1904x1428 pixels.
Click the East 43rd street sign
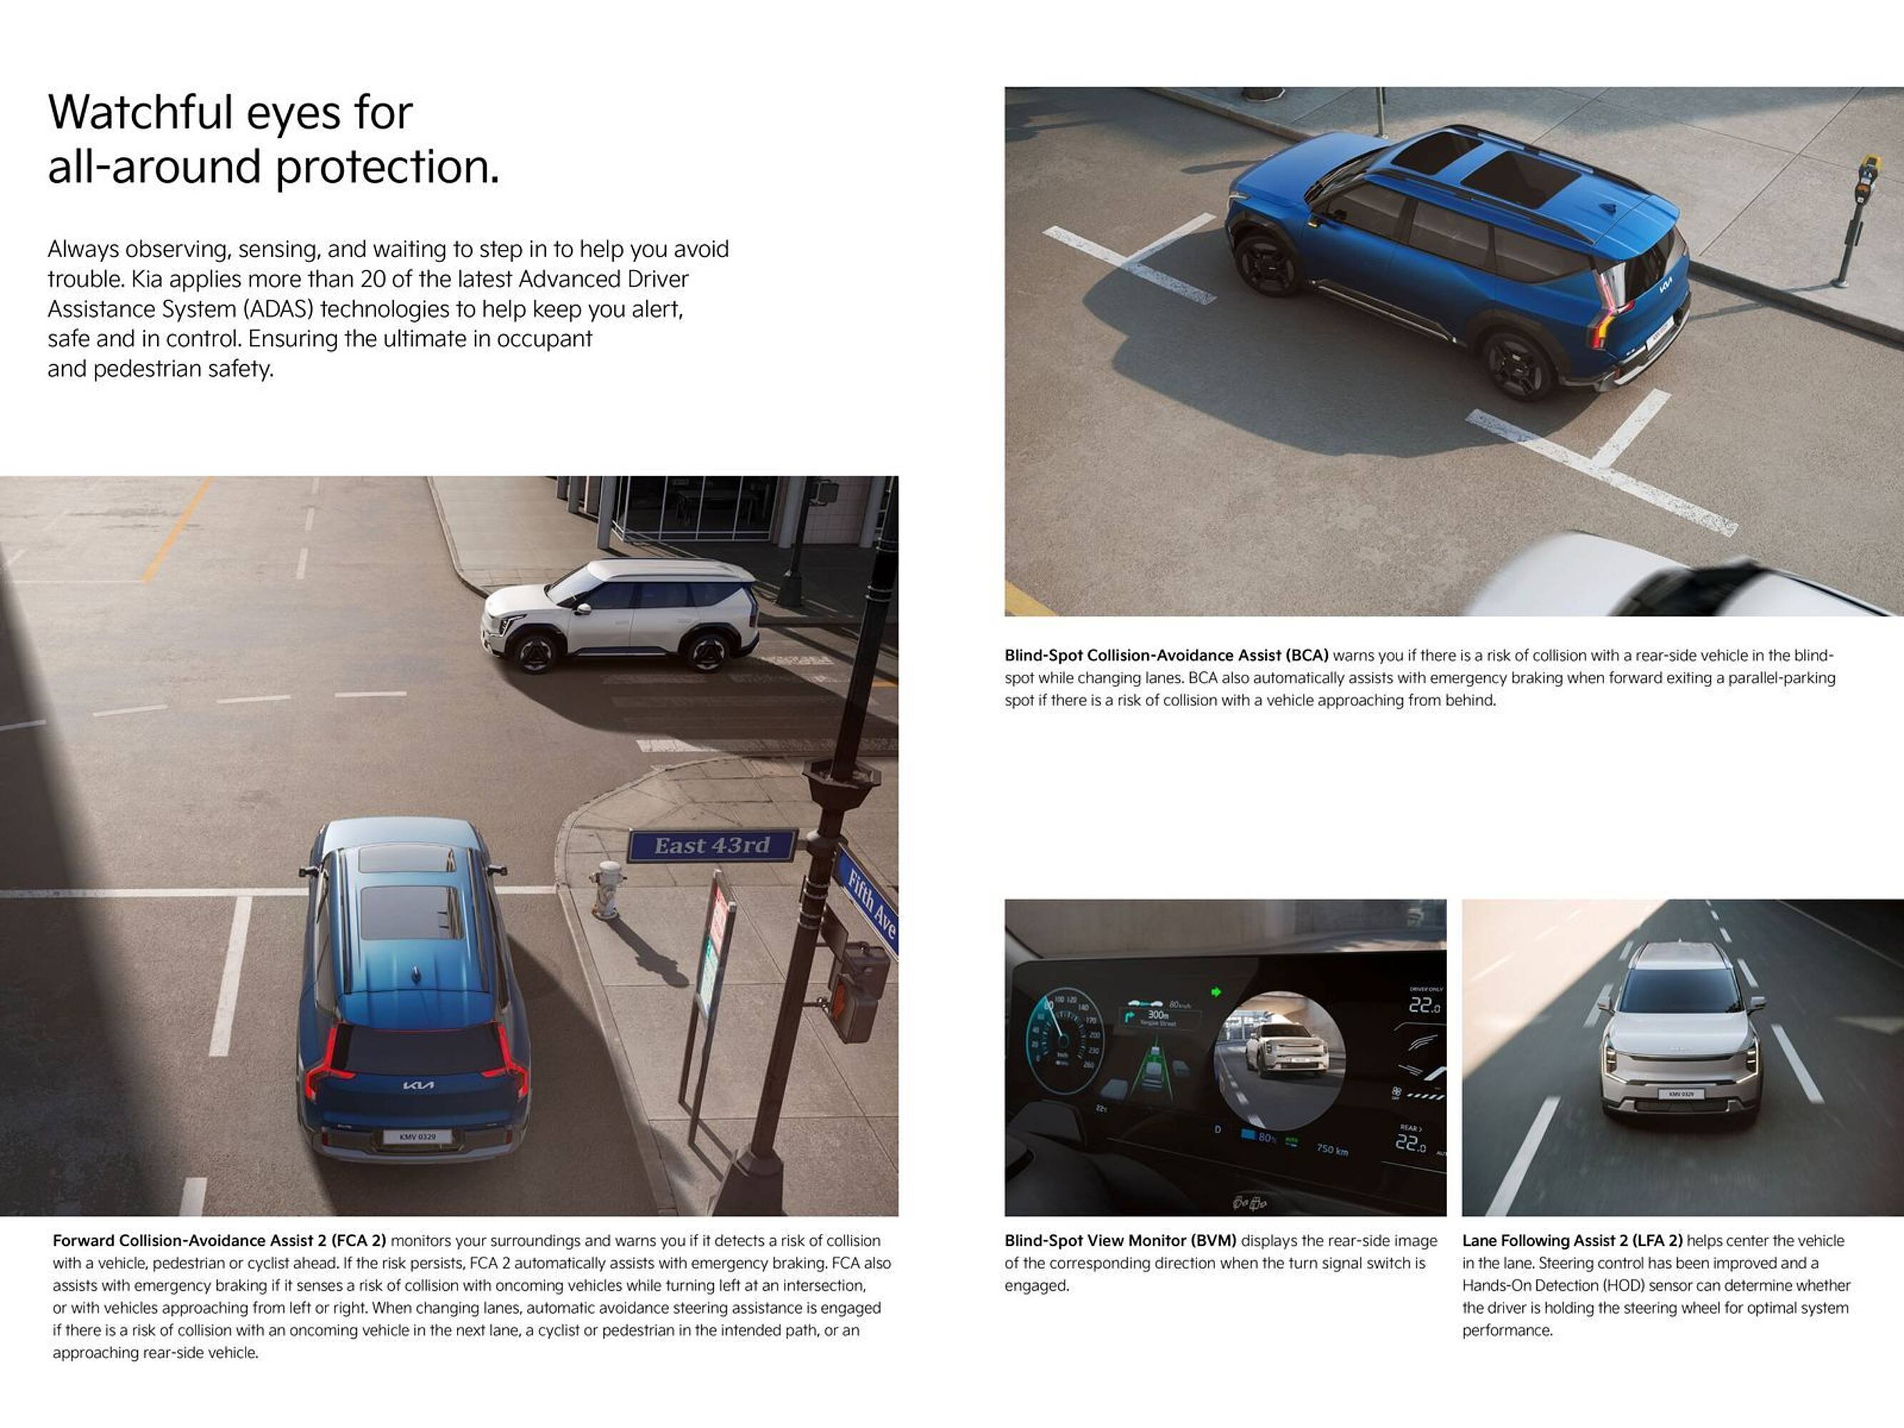pos(711,845)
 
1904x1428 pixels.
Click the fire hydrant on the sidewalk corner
pos(608,889)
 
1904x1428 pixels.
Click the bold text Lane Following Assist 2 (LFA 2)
pos(1572,1240)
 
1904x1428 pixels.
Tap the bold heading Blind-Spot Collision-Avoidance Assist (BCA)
pos(1167,655)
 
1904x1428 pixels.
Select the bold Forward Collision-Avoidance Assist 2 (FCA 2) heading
pos(219,1240)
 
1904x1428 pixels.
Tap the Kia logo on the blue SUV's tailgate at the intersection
pos(418,1085)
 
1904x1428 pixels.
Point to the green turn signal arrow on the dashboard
pos(1217,992)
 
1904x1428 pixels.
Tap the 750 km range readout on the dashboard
pos(1331,1149)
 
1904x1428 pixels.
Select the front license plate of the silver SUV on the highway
pos(1681,1094)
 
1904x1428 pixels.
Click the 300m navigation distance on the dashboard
pos(1158,1015)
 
